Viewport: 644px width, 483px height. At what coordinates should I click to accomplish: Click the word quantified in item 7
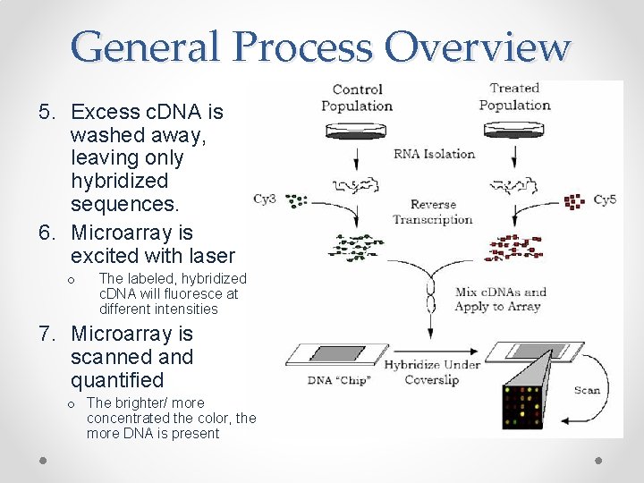[x=117, y=380]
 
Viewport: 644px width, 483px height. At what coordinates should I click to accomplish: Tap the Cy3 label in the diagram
[x=264, y=199]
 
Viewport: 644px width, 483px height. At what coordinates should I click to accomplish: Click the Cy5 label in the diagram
[x=605, y=199]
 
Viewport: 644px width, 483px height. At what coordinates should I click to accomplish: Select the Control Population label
[x=357, y=97]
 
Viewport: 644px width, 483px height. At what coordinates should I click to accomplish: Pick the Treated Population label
[x=514, y=97]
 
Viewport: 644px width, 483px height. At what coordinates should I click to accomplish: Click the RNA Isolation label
[x=434, y=154]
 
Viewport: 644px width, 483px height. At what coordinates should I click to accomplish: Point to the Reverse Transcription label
[x=433, y=212]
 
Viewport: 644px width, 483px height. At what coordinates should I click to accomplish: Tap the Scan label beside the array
[x=587, y=390]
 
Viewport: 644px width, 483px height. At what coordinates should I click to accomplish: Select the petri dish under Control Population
[x=356, y=131]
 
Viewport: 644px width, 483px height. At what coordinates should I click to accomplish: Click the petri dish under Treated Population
[x=513, y=131]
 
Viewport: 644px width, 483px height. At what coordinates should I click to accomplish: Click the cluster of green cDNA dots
[x=357, y=242]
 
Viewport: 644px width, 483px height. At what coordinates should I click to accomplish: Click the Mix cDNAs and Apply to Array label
[x=500, y=299]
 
